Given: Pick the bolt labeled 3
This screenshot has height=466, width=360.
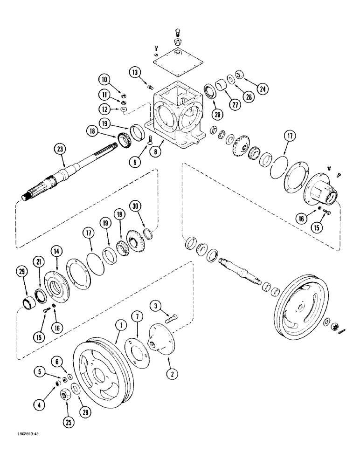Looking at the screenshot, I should tap(172, 319).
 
